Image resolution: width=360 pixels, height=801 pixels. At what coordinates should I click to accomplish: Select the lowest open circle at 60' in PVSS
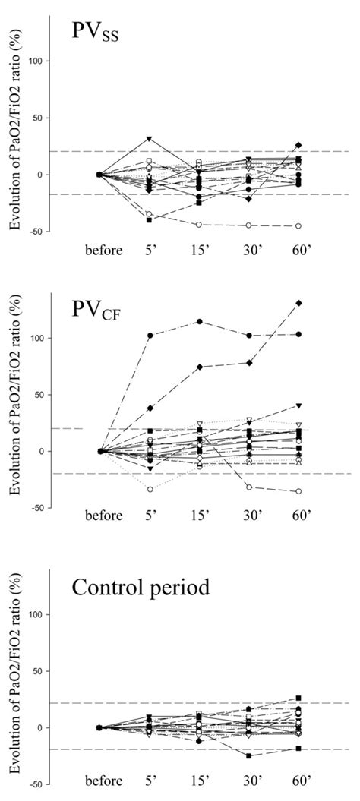point(298,226)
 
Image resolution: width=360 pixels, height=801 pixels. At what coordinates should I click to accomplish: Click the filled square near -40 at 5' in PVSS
point(150,219)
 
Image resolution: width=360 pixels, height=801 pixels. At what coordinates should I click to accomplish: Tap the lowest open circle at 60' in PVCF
point(298,491)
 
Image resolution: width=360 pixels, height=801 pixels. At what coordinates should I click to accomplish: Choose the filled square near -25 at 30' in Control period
point(249,755)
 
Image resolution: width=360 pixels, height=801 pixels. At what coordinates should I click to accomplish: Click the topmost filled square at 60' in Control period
point(299,698)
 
